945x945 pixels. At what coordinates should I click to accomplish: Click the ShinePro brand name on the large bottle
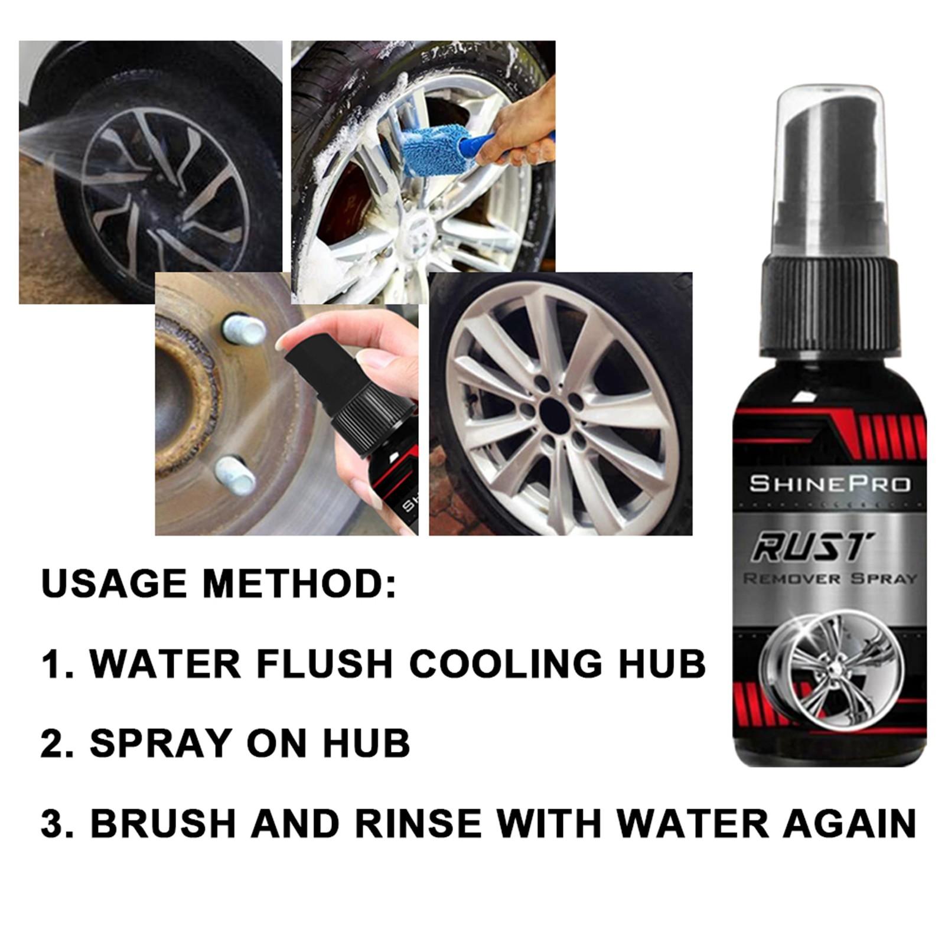click(830, 484)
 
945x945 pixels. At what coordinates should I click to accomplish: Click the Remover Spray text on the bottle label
click(829, 578)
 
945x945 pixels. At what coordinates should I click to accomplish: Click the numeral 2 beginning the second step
click(51, 743)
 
